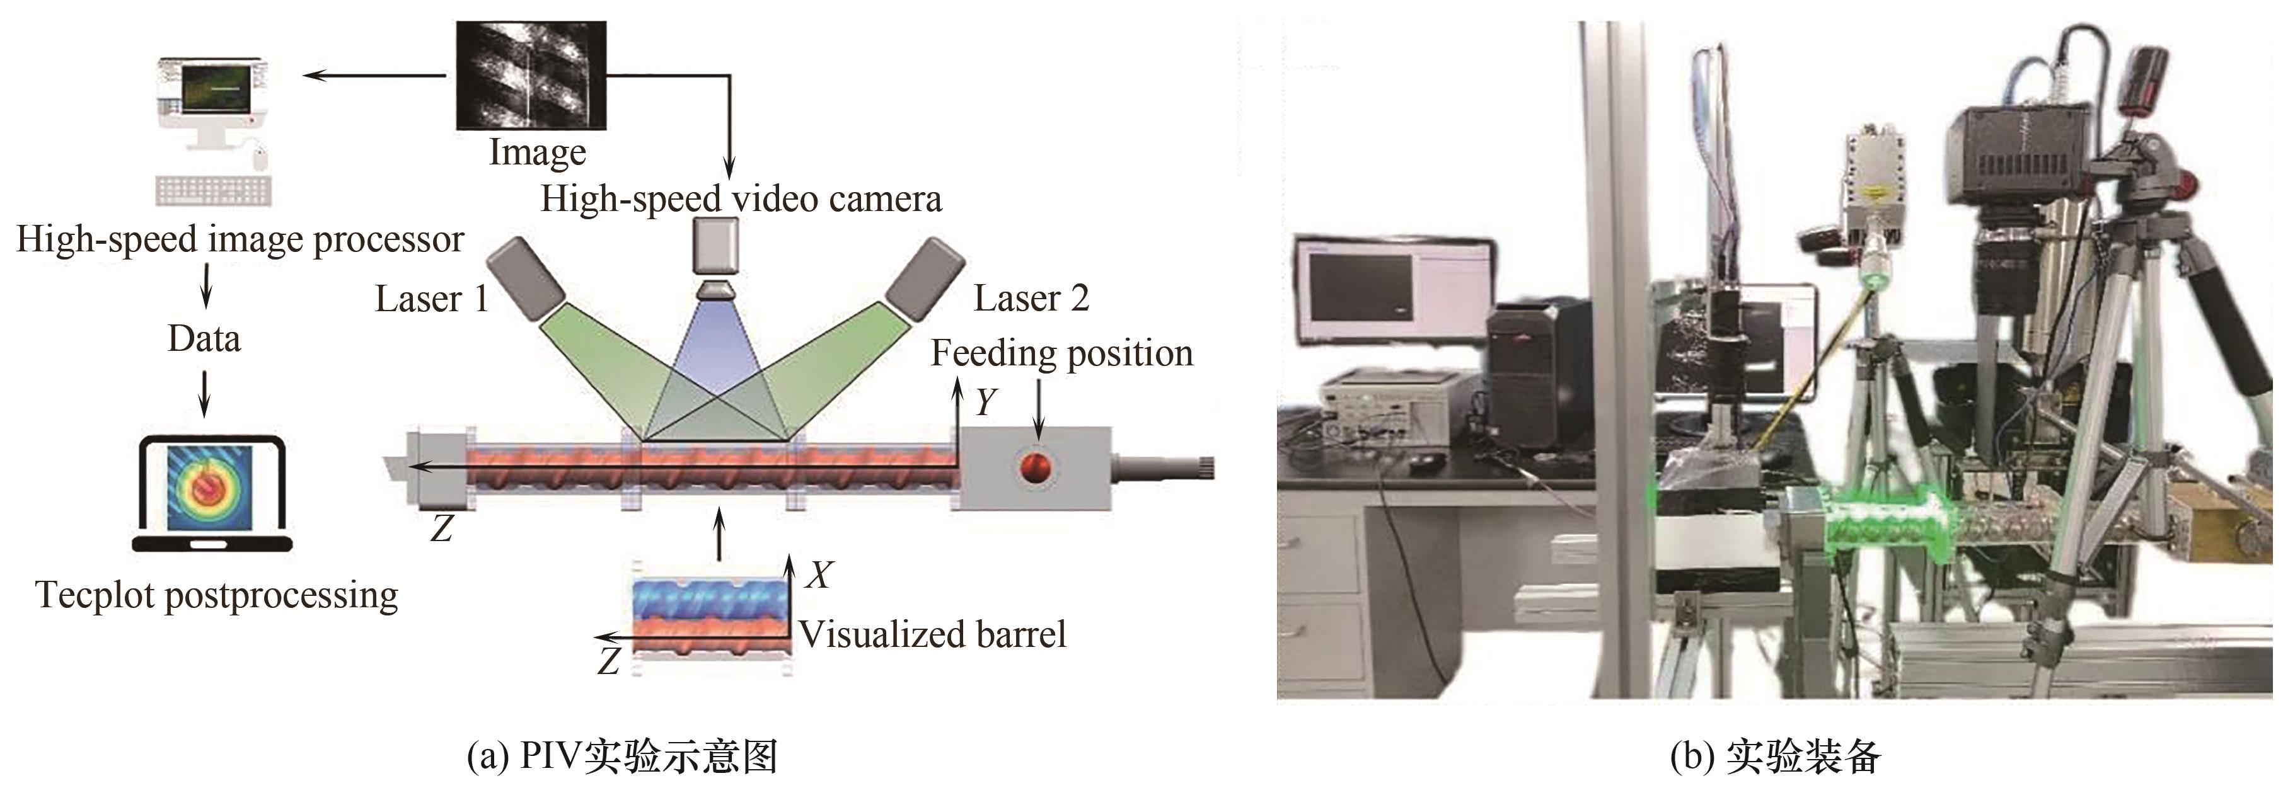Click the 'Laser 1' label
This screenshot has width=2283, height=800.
click(x=432, y=299)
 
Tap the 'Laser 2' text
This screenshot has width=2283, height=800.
click(x=1031, y=299)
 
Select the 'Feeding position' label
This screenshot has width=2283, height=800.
click(x=1061, y=353)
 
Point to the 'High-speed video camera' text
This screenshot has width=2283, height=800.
click(x=741, y=199)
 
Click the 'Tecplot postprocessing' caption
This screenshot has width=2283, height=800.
click(x=216, y=595)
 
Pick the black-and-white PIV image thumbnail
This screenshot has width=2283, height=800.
click(x=531, y=76)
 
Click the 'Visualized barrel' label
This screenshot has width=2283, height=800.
click(x=932, y=635)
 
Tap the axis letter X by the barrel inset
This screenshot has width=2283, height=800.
click(x=818, y=575)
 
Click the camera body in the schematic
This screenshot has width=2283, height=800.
click(x=715, y=248)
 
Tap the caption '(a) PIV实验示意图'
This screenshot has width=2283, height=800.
click(x=621, y=757)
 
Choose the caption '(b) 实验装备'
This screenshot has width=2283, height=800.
click(x=1774, y=757)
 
